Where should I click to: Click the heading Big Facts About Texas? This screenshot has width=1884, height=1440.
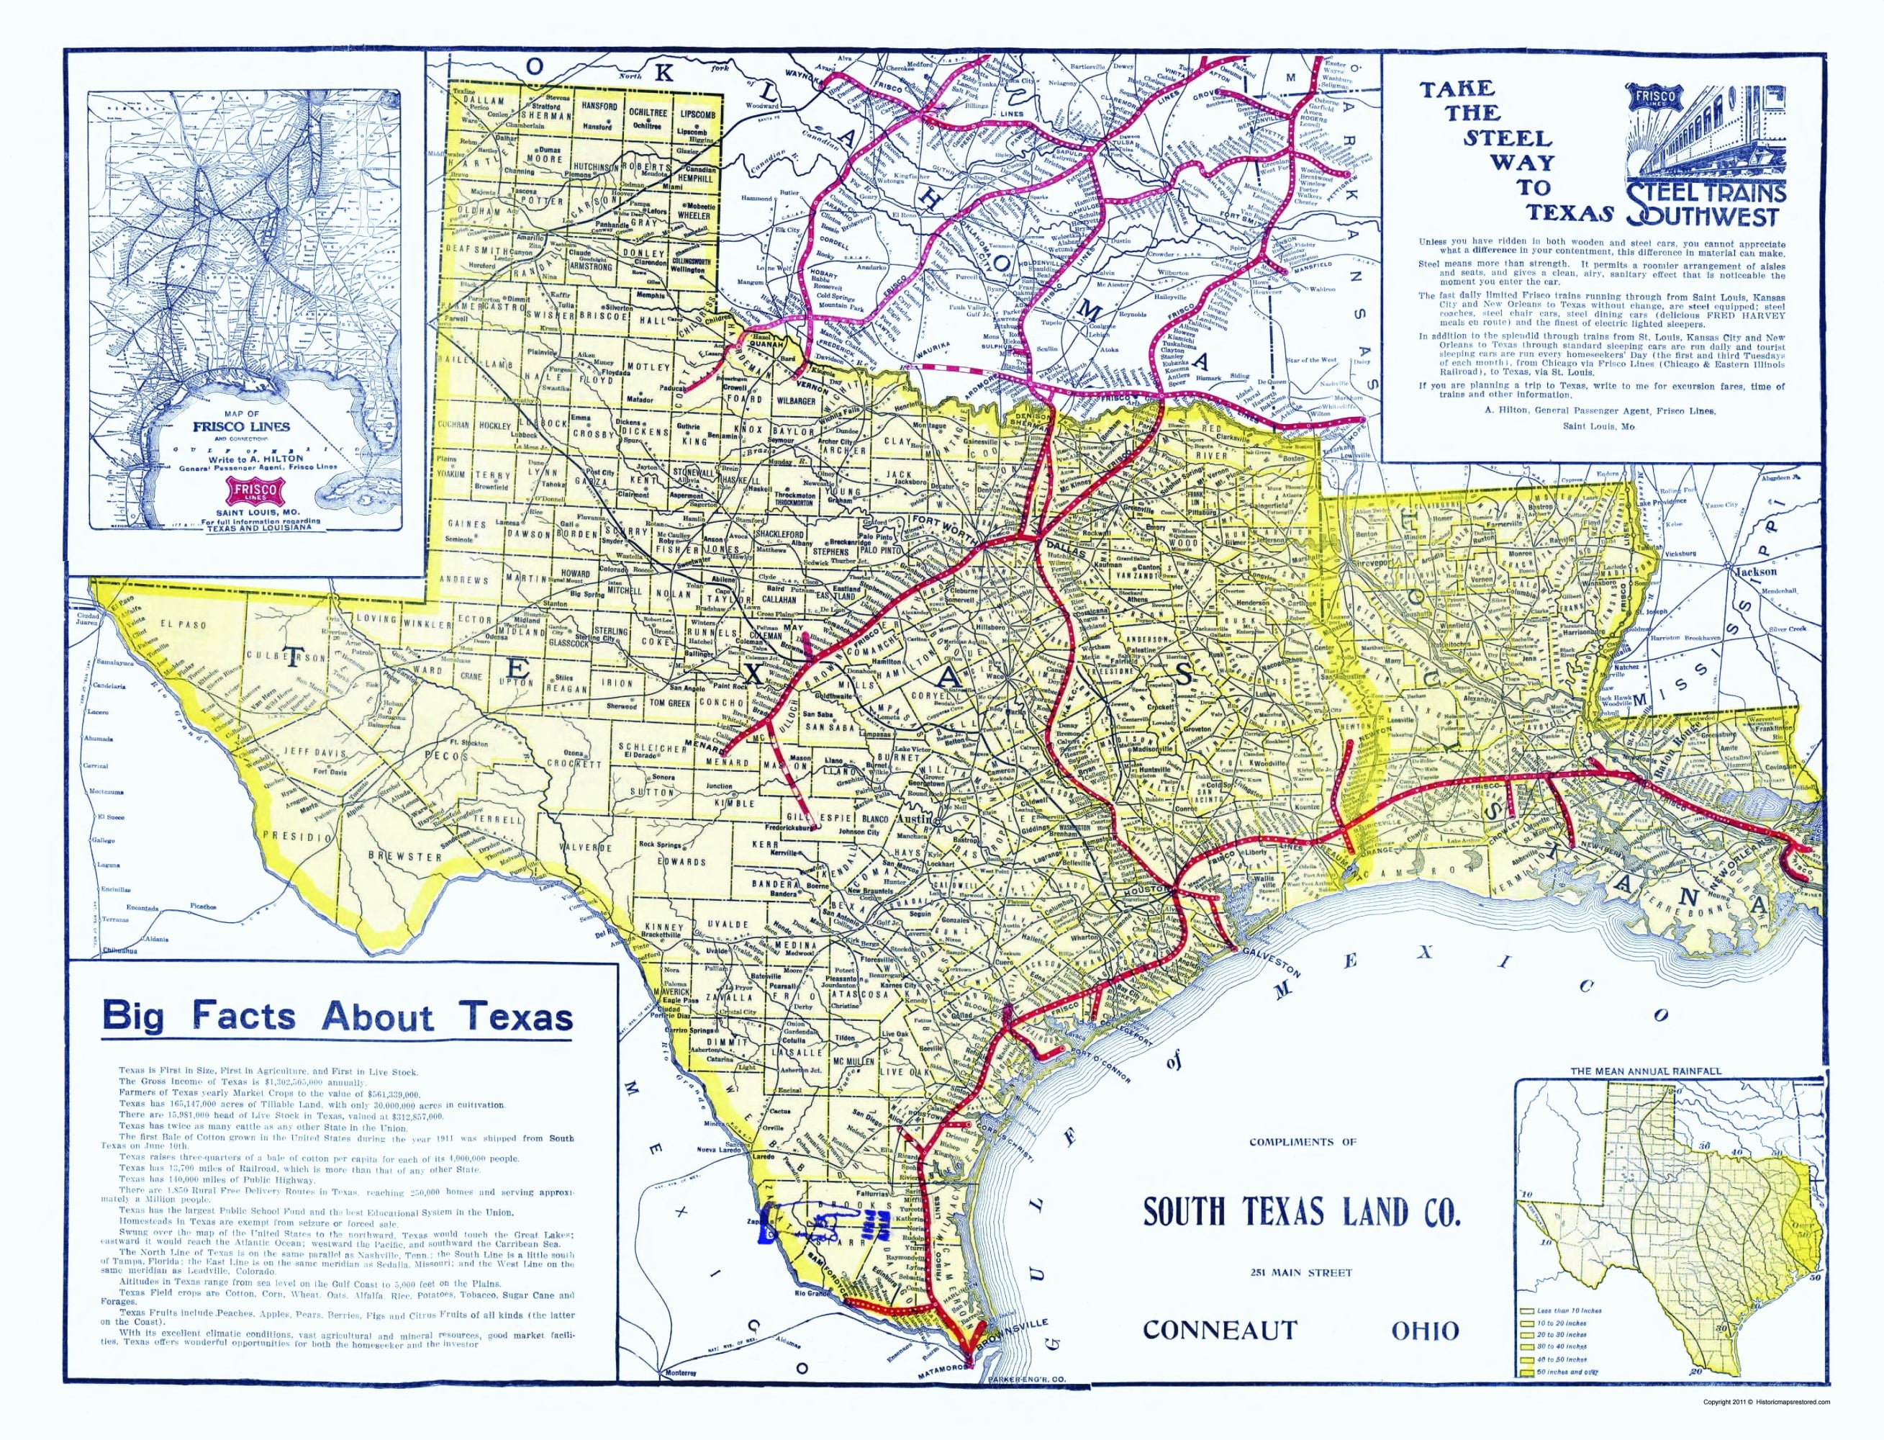tap(337, 1017)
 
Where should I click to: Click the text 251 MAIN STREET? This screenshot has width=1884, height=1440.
tap(1303, 1273)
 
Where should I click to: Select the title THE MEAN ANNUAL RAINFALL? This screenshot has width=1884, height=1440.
tap(1645, 1071)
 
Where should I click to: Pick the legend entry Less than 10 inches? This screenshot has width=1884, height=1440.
tap(1569, 1310)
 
